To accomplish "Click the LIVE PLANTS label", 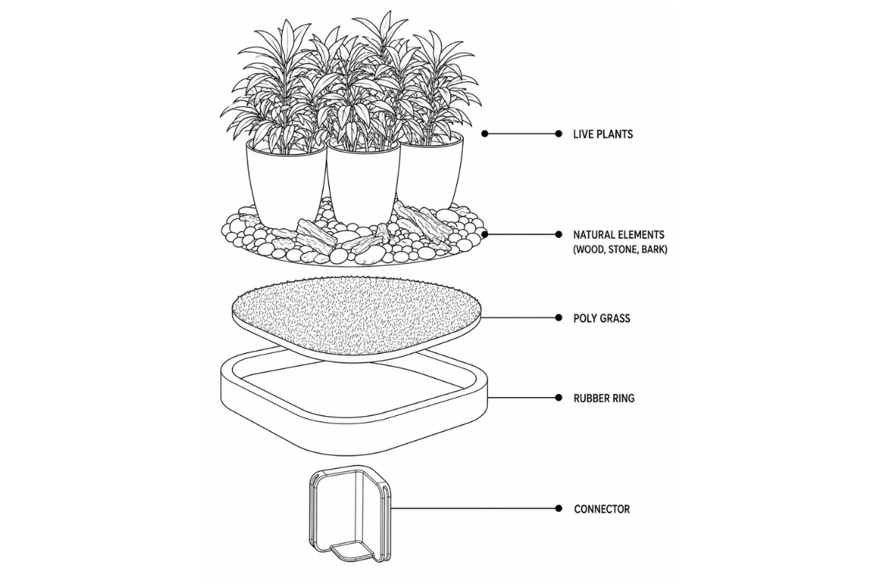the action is click(x=603, y=134).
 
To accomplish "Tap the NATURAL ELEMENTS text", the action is click(x=618, y=234).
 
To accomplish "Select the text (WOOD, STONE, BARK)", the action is click(x=620, y=249).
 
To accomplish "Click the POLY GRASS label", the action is click(x=601, y=318).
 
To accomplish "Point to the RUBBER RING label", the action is click(x=604, y=398).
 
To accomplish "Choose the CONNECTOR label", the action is click(x=601, y=509).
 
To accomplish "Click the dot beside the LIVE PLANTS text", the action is click(x=558, y=134).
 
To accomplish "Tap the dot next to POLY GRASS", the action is click(x=558, y=317).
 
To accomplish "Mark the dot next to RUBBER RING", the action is click(x=558, y=398).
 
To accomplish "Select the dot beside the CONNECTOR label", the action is click(x=558, y=508).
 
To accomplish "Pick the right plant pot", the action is click(x=430, y=173).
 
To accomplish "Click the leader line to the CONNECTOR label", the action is click(x=474, y=508).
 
